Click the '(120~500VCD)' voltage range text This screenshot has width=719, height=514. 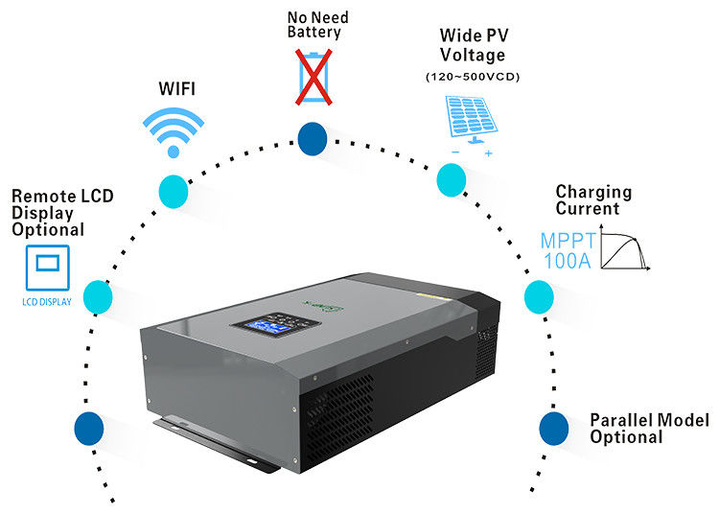click(471, 76)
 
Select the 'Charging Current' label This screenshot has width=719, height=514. click(593, 200)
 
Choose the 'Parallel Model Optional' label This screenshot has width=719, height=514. click(649, 429)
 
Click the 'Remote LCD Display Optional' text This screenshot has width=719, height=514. click(61, 213)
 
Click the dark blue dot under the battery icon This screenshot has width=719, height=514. click(312, 140)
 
